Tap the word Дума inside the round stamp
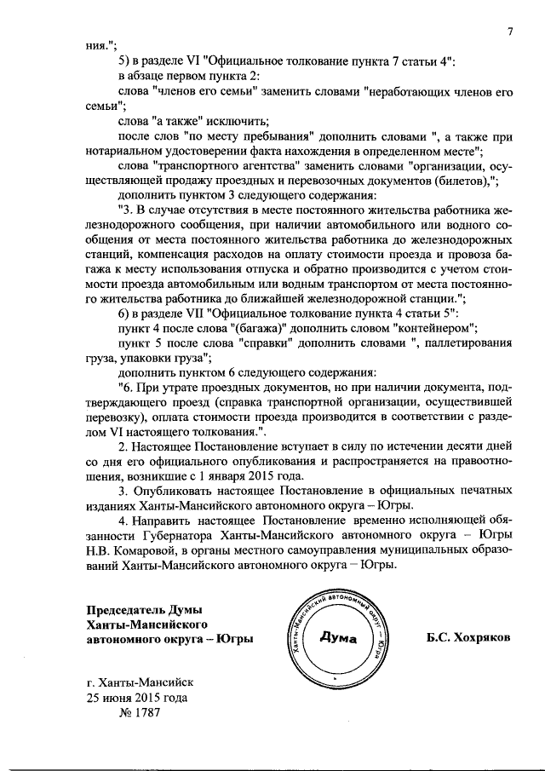(338, 639)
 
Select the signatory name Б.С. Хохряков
(469, 637)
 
